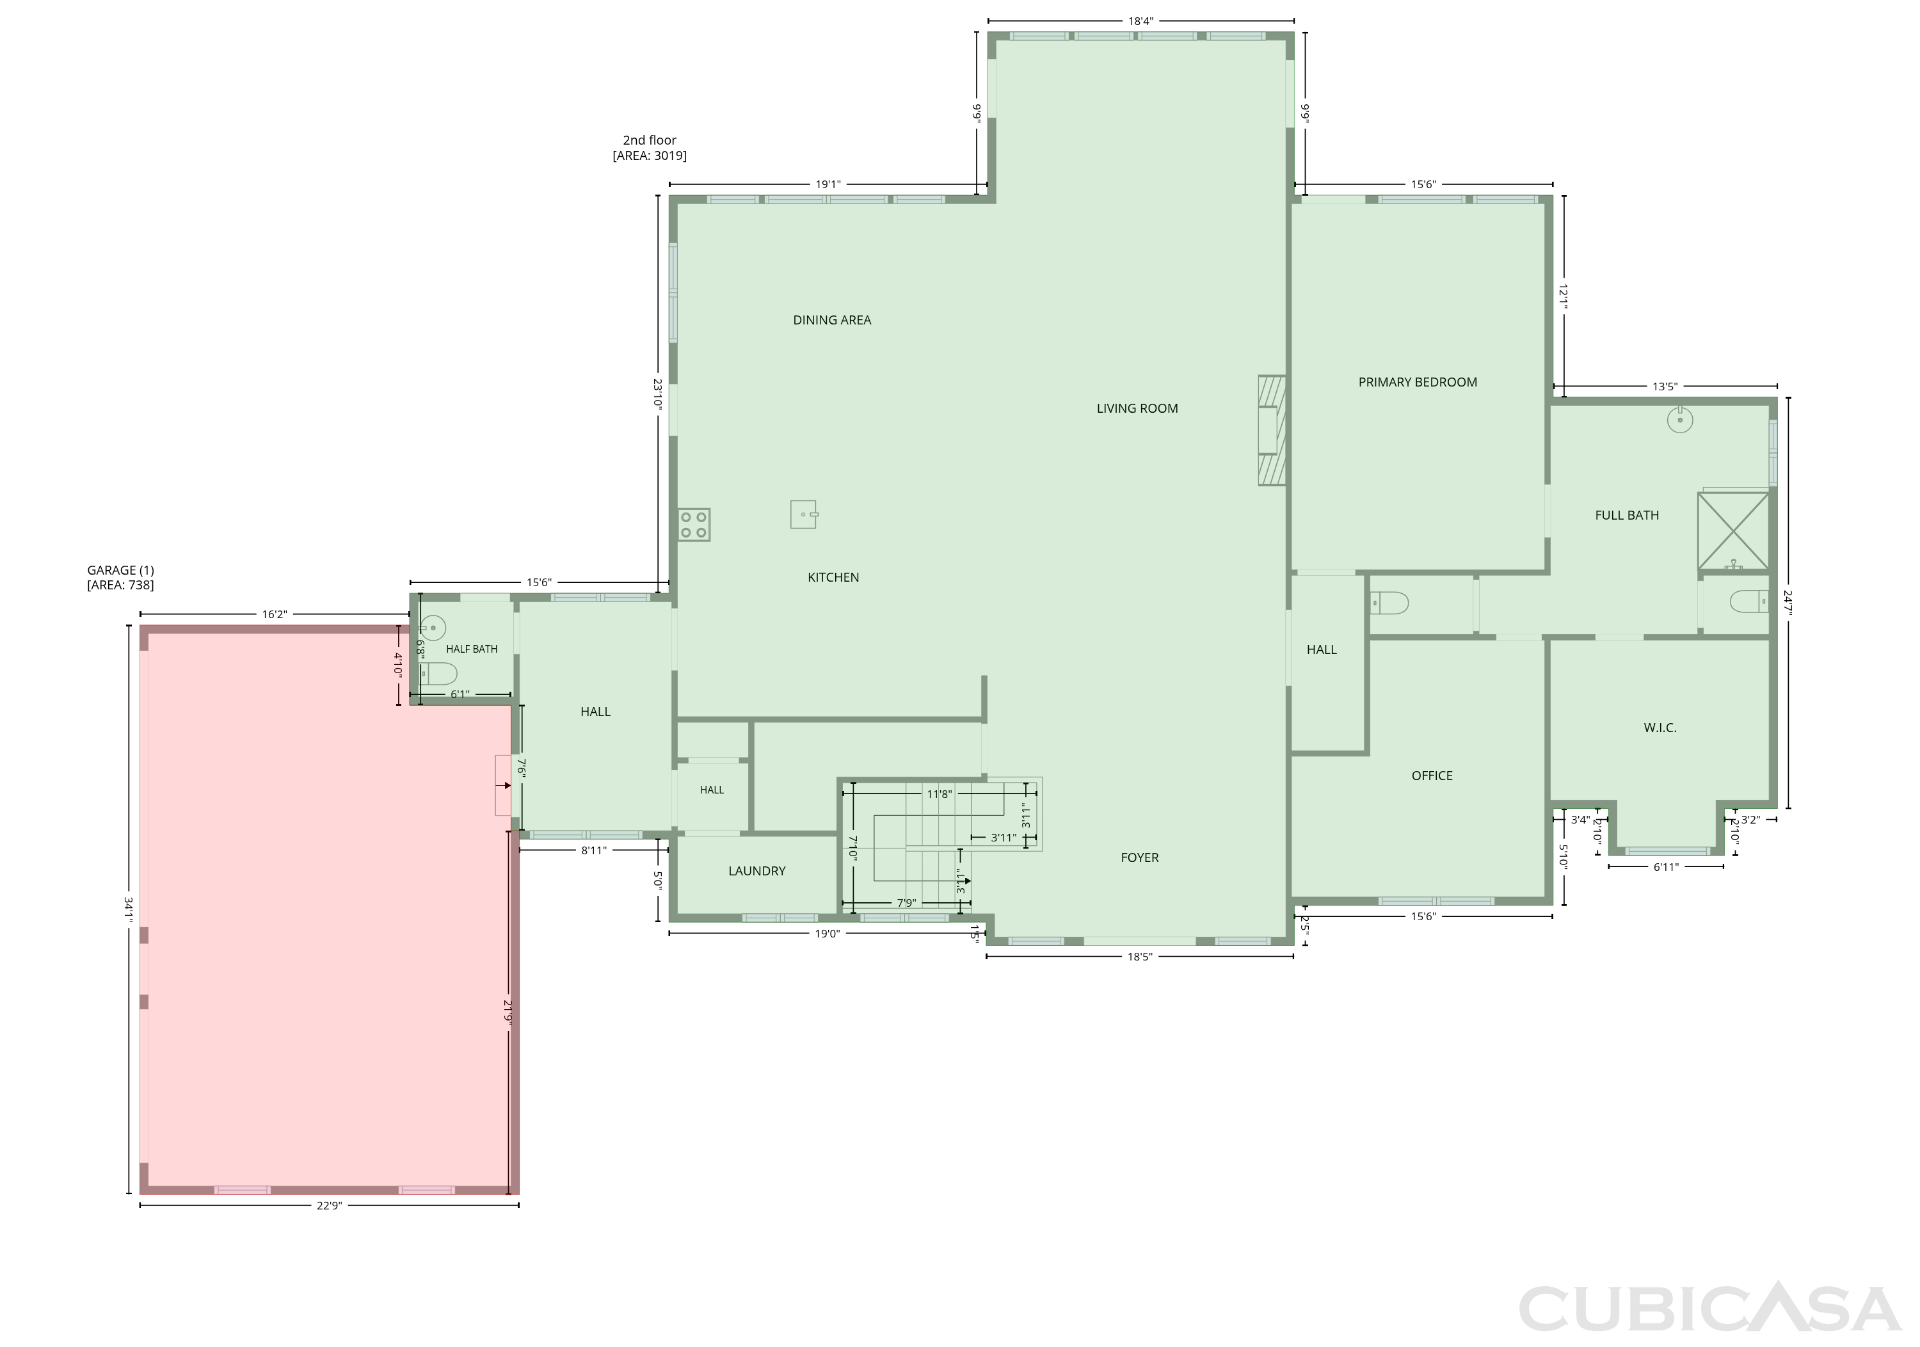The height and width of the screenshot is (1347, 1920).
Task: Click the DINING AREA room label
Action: [x=832, y=320]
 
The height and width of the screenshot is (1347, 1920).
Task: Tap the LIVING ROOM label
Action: [x=1137, y=409]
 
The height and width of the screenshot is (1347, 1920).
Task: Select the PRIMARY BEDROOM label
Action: [x=1418, y=382]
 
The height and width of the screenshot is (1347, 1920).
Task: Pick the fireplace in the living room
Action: [x=1272, y=431]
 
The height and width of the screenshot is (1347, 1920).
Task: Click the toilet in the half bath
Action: [x=438, y=674]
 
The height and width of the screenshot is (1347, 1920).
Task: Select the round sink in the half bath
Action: [x=433, y=627]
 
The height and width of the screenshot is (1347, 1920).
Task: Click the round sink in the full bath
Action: [x=1680, y=420]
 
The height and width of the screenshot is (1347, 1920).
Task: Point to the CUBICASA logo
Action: [x=1709, y=1309]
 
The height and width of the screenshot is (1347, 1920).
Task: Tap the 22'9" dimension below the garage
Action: [x=330, y=1206]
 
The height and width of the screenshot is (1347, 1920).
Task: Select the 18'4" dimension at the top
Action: [x=1140, y=21]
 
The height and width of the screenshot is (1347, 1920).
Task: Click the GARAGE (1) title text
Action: [x=120, y=570]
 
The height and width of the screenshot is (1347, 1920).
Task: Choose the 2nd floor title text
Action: [x=650, y=141]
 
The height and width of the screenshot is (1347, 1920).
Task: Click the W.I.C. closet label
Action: [x=1660, y=728]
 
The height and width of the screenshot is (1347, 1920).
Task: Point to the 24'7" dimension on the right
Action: [x=1788, y=602]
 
